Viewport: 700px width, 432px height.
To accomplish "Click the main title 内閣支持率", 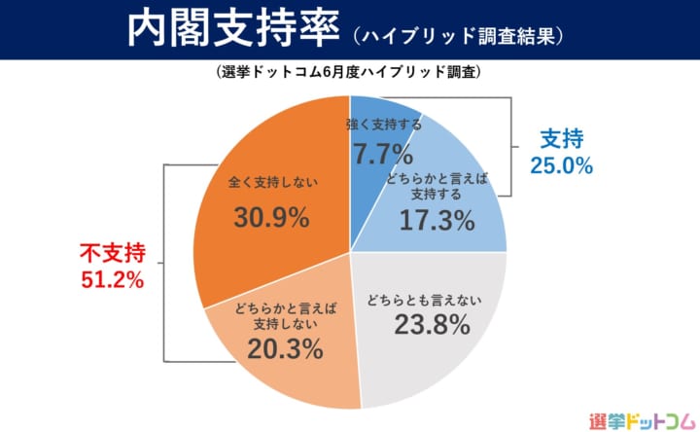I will click(231, 29).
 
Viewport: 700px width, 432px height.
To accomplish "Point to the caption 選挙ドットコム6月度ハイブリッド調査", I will click(350, 73).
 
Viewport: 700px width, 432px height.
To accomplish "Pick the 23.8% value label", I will click(433, 325).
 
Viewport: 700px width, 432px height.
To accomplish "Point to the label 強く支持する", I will click(383, 126).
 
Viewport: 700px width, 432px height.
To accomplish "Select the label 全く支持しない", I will click(273, 182).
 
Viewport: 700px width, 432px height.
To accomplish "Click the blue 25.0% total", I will click(561, 165).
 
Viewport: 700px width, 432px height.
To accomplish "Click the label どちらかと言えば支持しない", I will click(285, 316).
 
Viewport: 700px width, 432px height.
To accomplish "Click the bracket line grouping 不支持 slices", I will click(164, 263).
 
